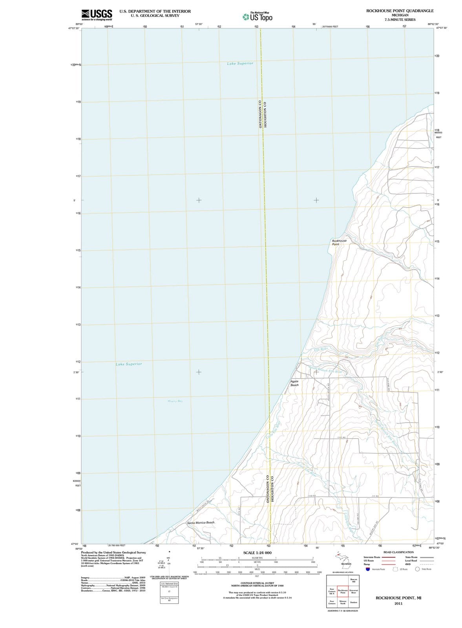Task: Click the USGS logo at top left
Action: (97, 15)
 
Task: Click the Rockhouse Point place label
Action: (339, 242)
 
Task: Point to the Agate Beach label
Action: (294, 383)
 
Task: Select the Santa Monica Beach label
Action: (201, 523)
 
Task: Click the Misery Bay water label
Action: (175, 401)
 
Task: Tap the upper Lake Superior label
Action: (240, 63)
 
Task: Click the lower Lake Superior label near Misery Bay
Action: (129, 364)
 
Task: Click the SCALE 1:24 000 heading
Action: (257, 553)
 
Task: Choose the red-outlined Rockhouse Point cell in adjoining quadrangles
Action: (343, 592)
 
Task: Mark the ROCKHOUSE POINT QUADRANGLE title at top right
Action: (400, 11)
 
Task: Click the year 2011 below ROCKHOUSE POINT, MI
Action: (398, 603)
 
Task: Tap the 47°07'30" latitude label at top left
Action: (74, 28)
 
